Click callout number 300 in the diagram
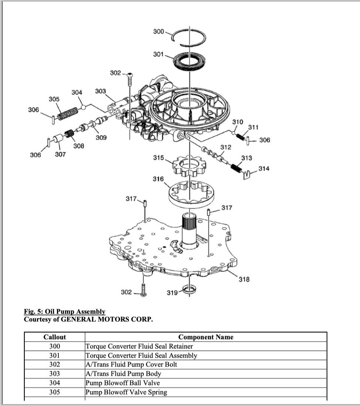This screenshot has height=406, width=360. click(x=159, y=31)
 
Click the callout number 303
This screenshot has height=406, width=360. click(x=100, y=91)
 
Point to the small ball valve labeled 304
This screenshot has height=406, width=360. click(x=84, y=108)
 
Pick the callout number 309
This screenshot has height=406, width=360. click(x=101, y=138)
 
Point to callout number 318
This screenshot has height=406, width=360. click(x=244, y=280)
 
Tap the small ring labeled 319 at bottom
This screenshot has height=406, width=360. click(x=189, y=288)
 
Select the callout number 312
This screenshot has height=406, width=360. click(x=225, y=147)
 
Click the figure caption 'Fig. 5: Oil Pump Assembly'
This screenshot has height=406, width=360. click(x=64, y=312)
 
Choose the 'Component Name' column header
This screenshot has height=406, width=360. click(x=206, y=337)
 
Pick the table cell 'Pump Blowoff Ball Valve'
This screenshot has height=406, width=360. click(x=123, y=383)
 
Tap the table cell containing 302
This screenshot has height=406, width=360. click(x=55, y=364)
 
